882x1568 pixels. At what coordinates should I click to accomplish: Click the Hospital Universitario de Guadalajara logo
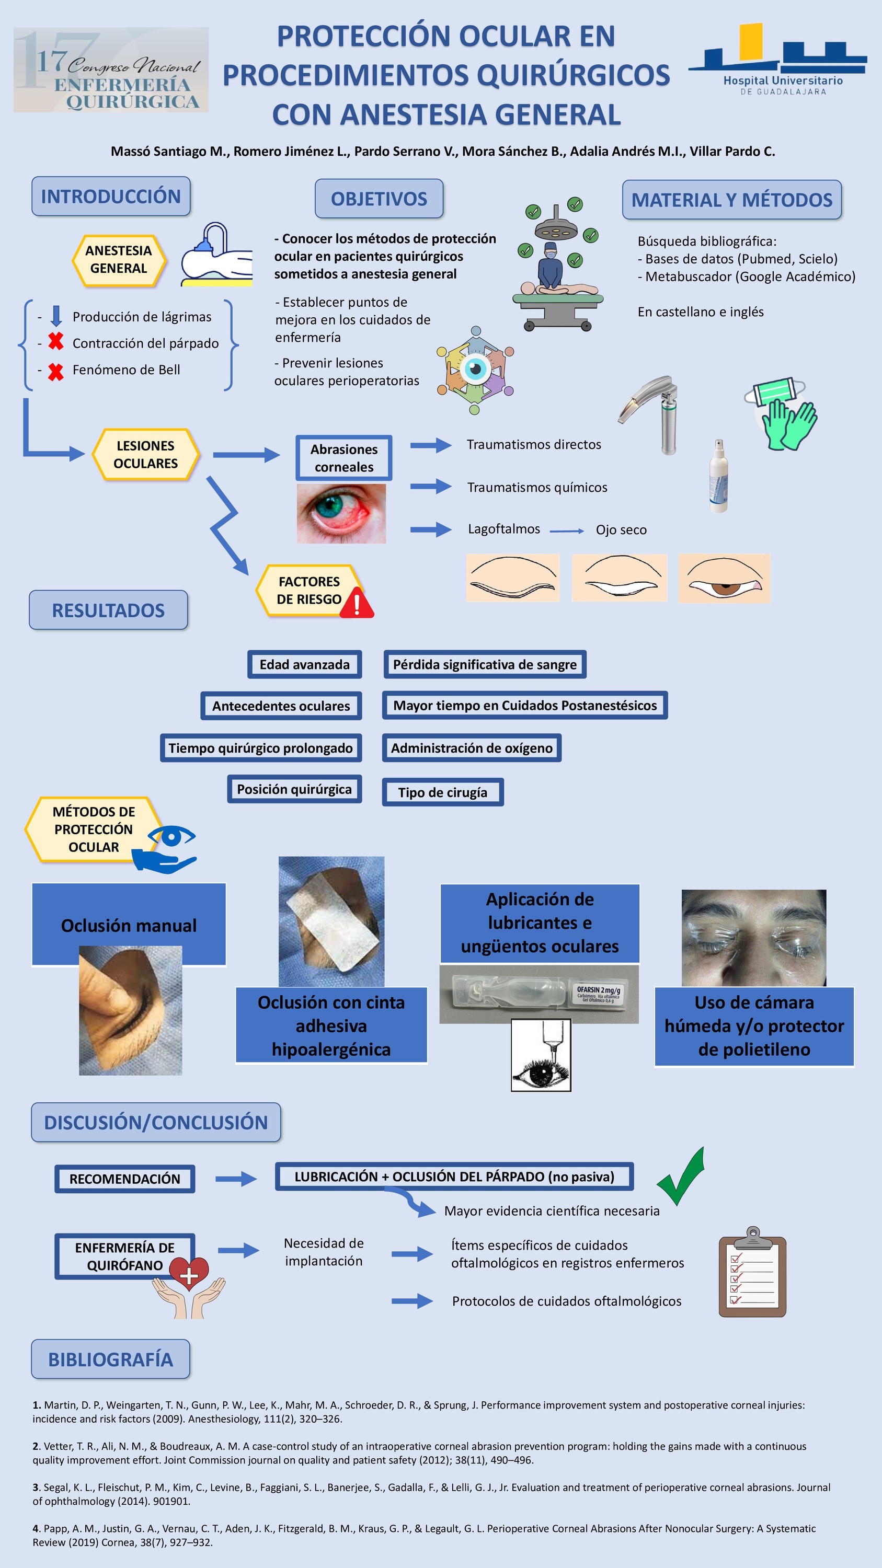pyautogui.click(x=778, y=59)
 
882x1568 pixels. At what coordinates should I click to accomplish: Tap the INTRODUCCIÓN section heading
pyautogui.click(x=111, y=196)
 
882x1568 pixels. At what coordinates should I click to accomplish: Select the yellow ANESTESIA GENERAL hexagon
pyautogui.click(x=119, y=260)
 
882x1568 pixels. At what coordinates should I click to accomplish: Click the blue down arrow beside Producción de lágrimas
pyautogui.click(x=56, y=316)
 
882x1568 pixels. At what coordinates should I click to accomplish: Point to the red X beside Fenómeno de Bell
pyautogui.click(x=55, y=371)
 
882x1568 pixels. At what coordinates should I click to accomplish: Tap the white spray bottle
pyautogui.click(x=719, y=476)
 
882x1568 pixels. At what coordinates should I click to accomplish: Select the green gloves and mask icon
pyautogui.click(x=782, y=414)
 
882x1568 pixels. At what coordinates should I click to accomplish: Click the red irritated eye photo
pyautogui.click(x=341, y=513)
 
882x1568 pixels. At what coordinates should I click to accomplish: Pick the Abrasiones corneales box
pyautogui.click(x=344, y=458)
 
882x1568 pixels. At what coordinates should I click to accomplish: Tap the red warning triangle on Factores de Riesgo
pyautogui.click(x=357, y=603)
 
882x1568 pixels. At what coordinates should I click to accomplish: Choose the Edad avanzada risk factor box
pyautogui.click(x=304, y=664)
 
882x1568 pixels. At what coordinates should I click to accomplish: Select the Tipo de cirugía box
pyautogui.click(x=442, y=792)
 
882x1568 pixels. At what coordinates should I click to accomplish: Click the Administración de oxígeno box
pyautogui.click(x=472, y=747)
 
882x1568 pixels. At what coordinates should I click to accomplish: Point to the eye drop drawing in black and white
pyautogui.click(x=541, y=1055)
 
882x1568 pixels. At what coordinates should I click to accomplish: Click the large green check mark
pyautogui.click(x=682, y=1176)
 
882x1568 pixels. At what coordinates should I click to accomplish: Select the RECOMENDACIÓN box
pyautogui.click(x=125, y=1179)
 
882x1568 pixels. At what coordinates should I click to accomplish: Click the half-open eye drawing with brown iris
pyautogui.click(x=724, y=578)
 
